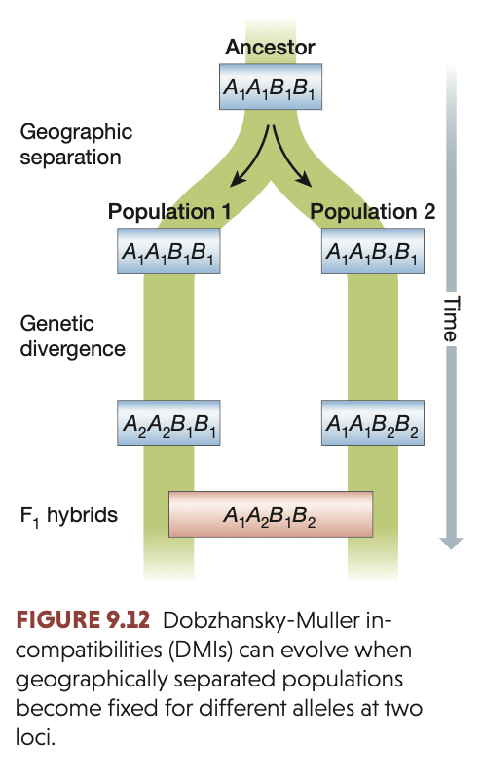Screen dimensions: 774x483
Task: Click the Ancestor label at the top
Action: click(x=270, y=47)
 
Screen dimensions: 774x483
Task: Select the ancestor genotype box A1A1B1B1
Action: click(x=270, y=88)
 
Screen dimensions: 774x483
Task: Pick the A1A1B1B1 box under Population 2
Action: click(x=371, y=252)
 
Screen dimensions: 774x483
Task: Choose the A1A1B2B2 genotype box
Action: click(x=371, y=423)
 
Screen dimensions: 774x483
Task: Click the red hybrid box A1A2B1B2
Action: click(x=270, y=514)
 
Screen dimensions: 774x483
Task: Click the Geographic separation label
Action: click(x=76, y=145)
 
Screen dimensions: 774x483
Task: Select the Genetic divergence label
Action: click(x=72, y=335)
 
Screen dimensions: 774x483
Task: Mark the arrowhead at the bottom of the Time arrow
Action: click(x=449, y=542)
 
